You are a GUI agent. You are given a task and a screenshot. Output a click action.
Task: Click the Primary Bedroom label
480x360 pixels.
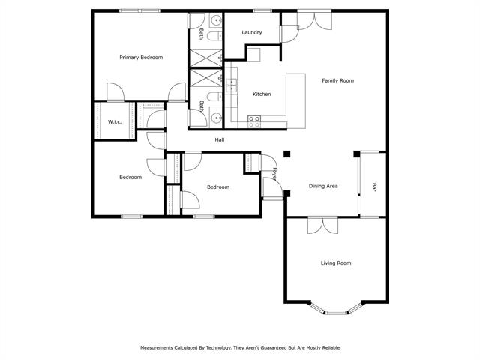coord(141,58)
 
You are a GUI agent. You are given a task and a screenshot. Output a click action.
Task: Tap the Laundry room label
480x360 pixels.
coord(252,32)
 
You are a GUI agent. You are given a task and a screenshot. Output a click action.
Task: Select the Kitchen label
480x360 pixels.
coord(262,94)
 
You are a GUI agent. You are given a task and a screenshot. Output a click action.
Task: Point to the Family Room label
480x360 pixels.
coord(338,80)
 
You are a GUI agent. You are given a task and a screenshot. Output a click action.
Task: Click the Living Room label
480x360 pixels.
coord(336,263)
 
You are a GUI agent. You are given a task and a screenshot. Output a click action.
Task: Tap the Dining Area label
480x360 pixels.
coord(323,186)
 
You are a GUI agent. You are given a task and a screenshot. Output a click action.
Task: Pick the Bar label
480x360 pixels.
coord(374,187)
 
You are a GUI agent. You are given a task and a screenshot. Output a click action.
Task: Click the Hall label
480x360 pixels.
coord(220,140)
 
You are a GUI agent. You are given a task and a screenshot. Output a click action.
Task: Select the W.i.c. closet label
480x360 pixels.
coord(115,121)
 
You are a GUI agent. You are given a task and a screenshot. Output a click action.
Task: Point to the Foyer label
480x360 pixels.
coord(275,174)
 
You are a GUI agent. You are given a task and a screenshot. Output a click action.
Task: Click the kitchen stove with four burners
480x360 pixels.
coord(254,121)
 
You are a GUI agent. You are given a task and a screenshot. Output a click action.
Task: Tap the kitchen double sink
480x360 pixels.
coord(232,85)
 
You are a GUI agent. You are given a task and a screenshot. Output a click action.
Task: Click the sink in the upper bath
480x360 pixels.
coord(217,20)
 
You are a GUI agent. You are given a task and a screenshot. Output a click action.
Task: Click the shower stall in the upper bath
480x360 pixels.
coord(206,58)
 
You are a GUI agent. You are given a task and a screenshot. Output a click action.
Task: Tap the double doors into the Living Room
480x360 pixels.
coord(323,225)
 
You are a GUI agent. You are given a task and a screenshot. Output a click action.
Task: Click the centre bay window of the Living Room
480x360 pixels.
coord(336,313)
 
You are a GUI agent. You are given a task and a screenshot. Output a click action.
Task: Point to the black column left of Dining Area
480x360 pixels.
coord(286,154)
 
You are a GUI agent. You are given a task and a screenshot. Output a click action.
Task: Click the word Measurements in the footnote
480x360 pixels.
coord(157,348)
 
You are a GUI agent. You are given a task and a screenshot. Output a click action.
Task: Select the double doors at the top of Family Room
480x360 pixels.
coord(315,20)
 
